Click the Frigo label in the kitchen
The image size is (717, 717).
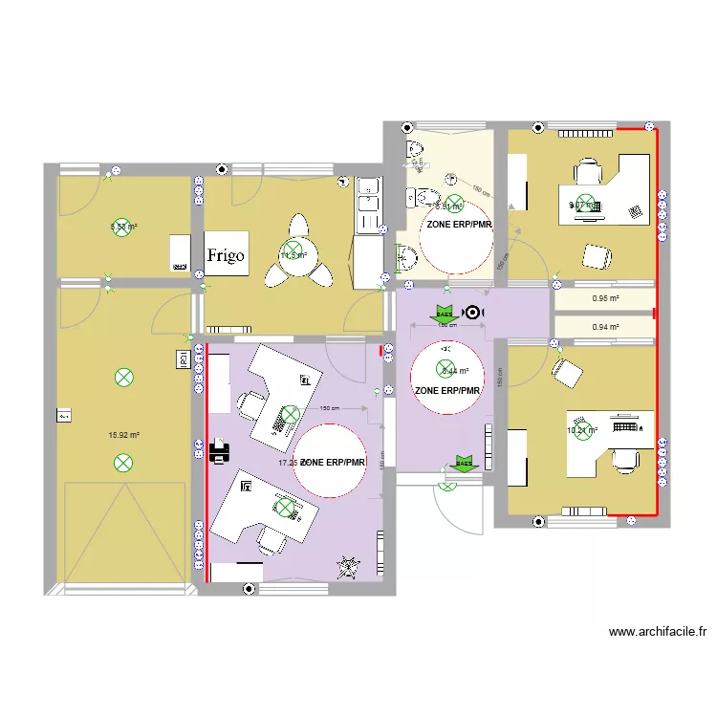tap(227, 255)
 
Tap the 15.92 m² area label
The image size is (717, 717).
tap(124, 435)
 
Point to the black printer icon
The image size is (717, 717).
tap(219, 451)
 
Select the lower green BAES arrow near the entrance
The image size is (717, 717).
tap(464, 464)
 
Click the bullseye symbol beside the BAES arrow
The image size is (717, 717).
tap(472, 313)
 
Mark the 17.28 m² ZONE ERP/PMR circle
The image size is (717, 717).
tap(330, 462)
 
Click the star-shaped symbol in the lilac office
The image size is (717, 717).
tap(345, 567)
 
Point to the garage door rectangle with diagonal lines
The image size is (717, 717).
tap(124, 532)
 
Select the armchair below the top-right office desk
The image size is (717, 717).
tap(597, 256)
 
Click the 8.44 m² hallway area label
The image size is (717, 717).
tap(455, 370)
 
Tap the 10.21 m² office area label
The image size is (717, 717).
tap(581, 430)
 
